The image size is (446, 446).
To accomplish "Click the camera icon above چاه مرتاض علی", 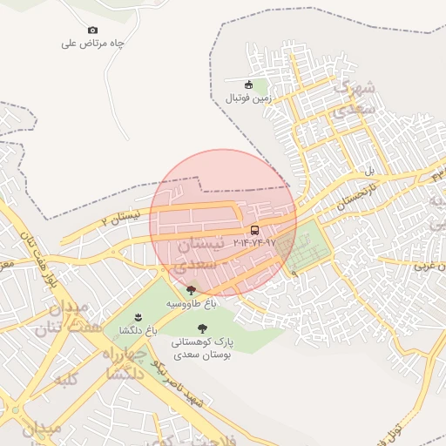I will tap(93, 30).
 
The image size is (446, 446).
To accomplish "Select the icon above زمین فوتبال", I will tap(249, 84).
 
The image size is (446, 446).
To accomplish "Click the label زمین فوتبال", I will tap(249, 98).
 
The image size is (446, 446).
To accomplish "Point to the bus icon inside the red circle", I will tap(254, 230).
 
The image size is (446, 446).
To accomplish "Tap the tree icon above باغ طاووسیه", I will tap(191, 290).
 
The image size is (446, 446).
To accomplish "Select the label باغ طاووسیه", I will tap(192, 302).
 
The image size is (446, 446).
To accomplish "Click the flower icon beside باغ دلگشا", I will tap(138, 317).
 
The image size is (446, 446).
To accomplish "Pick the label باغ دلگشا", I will tap(138, 330).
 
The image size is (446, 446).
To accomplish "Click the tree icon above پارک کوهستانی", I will tap(203, 328).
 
